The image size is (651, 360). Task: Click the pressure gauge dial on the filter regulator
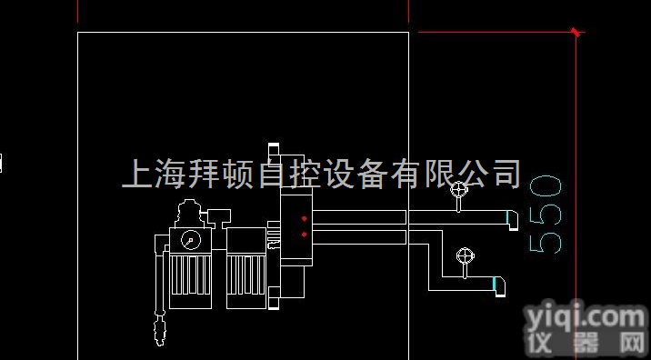point(190,240)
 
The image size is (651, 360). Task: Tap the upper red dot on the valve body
point(303,219)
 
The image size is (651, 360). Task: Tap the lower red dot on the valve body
point(303,235)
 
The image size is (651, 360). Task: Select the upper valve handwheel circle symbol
point(460,190)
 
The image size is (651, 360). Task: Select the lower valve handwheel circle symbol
point(466,255)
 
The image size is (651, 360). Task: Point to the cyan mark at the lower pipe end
point(496,285)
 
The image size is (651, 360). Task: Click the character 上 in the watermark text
point(136,174)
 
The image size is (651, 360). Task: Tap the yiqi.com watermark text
point(585,317)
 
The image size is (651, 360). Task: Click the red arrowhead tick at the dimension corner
point(576,33)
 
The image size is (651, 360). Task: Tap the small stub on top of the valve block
point(273,151)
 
